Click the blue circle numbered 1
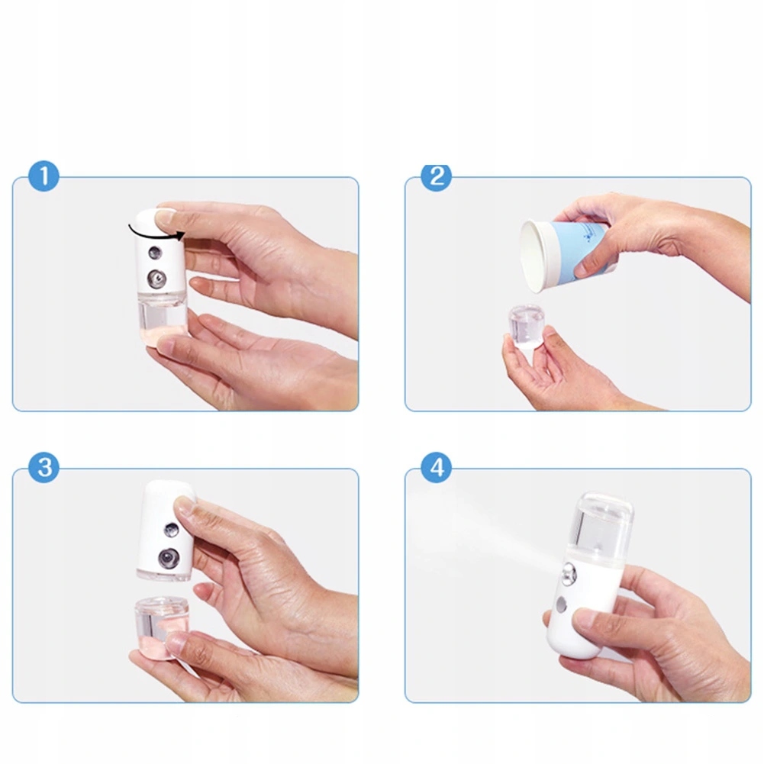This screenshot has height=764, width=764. coord(44,176)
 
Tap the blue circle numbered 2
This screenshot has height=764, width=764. coord(436,176)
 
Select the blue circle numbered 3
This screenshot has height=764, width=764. coord(44,467)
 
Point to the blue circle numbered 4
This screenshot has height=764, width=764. coord(436,467)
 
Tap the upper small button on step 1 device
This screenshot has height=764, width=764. coord(155,253)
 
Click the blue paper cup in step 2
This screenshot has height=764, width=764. coord(565,256)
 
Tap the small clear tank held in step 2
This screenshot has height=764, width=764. coord(527,327)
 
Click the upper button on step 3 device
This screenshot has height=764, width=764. coord(171,530)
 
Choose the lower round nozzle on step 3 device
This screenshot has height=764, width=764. coord(169,557)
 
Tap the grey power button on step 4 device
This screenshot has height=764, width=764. coord(561,604)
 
